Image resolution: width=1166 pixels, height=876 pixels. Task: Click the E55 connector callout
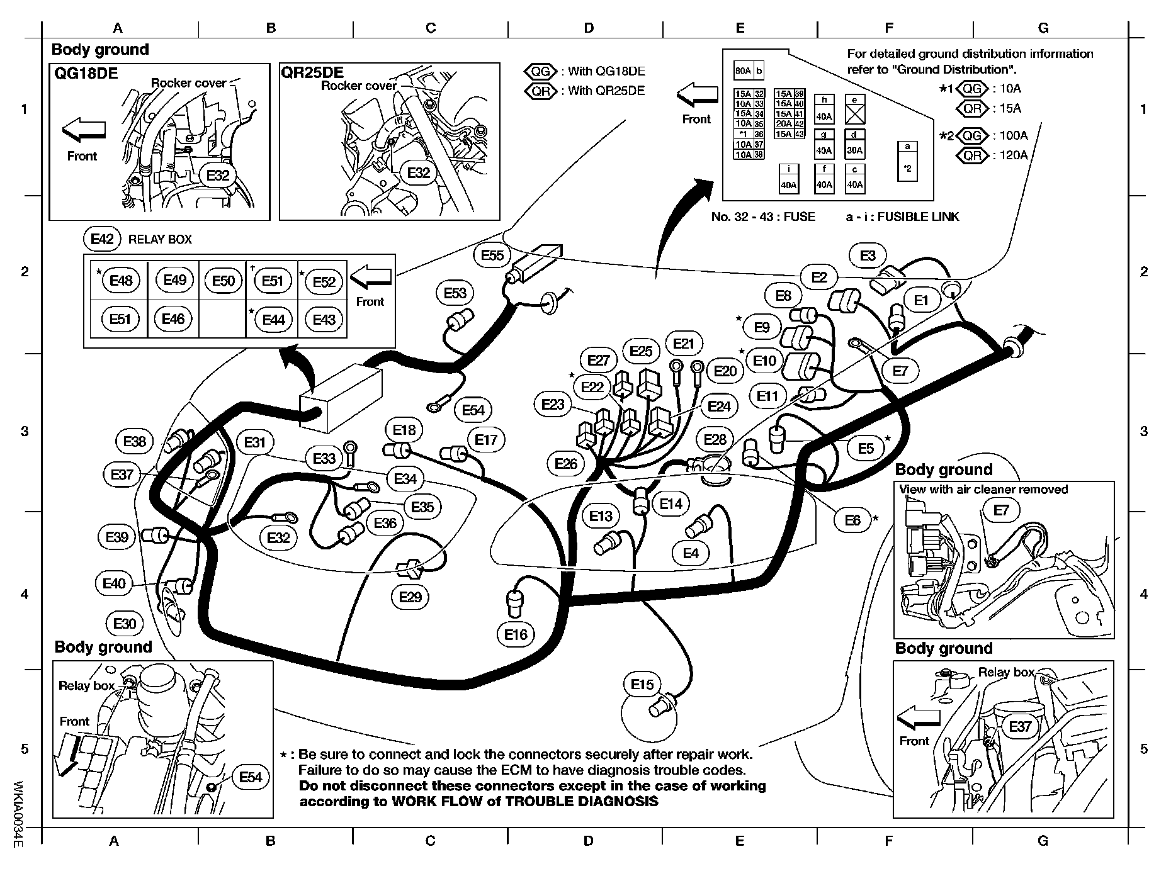[x=492, y=255]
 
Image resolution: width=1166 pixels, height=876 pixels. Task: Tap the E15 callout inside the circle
[x=642, y=684]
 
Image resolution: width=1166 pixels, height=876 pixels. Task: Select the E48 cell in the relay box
[x=121, y=280]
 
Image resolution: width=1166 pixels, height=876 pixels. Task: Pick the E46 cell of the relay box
[x=173, y=319]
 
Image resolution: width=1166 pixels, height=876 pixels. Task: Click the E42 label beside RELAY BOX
[x=101, y=239]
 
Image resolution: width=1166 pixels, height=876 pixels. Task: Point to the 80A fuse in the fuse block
[x=743, y=71]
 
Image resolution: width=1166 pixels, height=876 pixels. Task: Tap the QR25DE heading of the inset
[x=312, y=72]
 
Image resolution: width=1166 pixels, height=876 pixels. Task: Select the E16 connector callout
[x=516, y=634]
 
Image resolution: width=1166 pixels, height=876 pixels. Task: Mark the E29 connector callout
[x=410, y=596]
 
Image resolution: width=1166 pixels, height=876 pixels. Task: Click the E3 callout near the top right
[x=868, y=255]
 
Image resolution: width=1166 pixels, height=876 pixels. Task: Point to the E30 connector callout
[x=125, y=624]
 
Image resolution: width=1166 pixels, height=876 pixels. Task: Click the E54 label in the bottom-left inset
[x=250, y=777]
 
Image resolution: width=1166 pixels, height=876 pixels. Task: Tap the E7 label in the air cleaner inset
[x=1000, y=510]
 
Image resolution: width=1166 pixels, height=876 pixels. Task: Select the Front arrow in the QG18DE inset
[x=83, y=130]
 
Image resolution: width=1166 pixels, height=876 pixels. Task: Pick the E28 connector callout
[x=715, y=439]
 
